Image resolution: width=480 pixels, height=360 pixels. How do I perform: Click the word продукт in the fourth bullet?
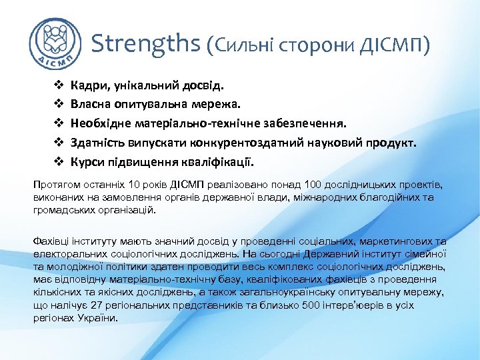[389, 143]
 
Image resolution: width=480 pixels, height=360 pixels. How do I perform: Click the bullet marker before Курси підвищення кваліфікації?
[57, 162]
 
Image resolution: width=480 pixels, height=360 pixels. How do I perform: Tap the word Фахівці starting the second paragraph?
[52, 241]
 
